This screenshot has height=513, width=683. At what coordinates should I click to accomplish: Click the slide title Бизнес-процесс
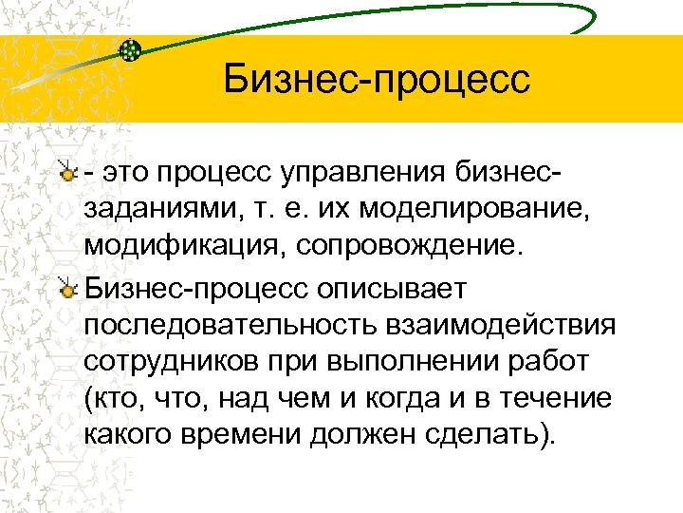point(377,79)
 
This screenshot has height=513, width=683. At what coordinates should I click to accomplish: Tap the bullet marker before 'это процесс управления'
point(66,172)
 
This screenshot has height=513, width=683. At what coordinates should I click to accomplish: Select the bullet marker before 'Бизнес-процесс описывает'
point(66,288)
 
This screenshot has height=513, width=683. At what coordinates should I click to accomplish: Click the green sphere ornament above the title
point(132,49)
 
